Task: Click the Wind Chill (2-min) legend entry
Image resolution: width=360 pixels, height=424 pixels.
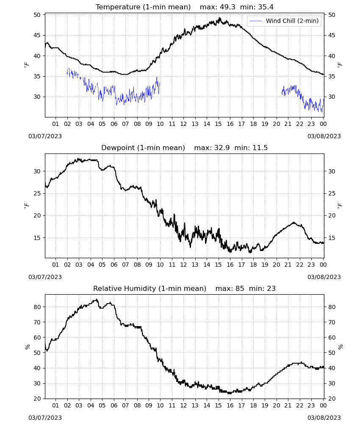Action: point(284,21)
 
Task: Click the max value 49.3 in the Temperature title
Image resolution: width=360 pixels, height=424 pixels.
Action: point(227,7)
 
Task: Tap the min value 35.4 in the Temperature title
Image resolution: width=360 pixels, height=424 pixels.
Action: point(266,7)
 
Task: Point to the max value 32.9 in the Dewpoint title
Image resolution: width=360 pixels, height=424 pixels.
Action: point(222,148)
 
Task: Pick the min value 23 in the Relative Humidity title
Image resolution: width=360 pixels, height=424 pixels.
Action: point(271,288)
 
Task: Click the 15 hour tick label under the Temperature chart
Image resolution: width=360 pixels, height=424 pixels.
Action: point(218,124)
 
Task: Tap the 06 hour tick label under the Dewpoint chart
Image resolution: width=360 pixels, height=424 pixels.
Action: point(114,265)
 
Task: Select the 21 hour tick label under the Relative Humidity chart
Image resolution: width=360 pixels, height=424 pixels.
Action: point(288,405)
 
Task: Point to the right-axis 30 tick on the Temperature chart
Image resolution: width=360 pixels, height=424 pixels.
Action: point(332,97)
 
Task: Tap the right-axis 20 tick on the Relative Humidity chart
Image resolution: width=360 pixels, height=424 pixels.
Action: point(332,399)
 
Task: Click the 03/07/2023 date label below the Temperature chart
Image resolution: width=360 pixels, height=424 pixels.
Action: point(45,136)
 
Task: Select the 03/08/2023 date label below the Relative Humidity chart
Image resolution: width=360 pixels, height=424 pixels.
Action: point(324,418)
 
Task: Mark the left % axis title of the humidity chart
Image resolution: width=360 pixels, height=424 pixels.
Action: point(27,347)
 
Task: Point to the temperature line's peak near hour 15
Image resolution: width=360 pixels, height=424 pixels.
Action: point(219,18)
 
